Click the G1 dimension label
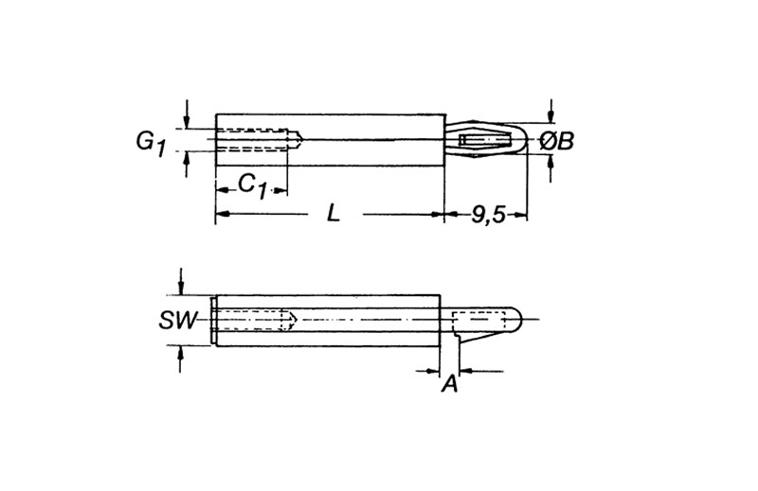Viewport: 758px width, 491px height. [151, 144]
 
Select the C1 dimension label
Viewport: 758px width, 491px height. [253, 185]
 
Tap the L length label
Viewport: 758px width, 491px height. [334, 213]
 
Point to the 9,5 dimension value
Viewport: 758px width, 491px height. [488, 215]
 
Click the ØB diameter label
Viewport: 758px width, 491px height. [556, 142]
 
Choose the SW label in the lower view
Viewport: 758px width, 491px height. [178, 320]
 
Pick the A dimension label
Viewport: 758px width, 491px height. [449, 384]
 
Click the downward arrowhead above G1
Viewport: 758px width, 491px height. [187, 121]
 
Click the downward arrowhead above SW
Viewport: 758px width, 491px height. [180, 288]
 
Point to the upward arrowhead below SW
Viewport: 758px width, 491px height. [180, 353]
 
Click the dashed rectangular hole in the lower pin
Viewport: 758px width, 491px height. [478, 321]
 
